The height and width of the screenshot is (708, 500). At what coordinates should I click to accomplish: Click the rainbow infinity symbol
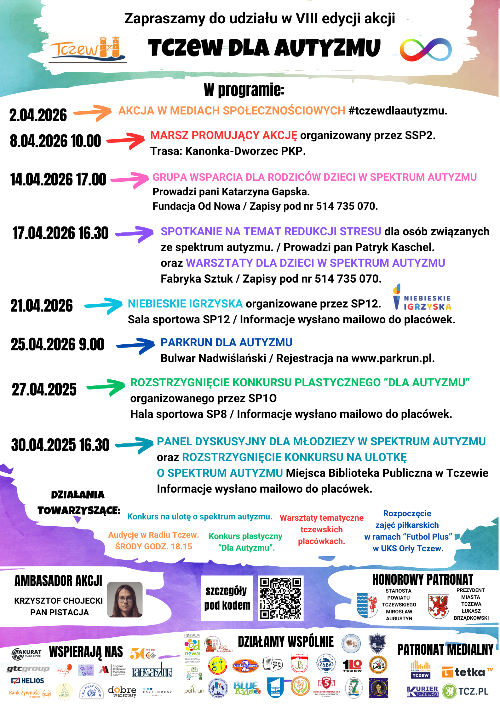click(x=425, y=50)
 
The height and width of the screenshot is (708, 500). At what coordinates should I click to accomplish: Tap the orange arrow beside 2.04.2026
click(x=93, y=113)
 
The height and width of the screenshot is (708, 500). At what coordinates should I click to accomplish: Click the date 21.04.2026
click(x=42, y=306)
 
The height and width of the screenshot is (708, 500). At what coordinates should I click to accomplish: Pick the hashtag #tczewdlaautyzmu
click(x=398, y=111)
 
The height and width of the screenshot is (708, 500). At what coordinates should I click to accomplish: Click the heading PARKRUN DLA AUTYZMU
click(x=226, y=342)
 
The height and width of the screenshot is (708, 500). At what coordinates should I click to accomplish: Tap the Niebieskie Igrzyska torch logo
click(x=422, y=298)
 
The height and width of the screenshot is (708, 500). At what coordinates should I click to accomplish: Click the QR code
click(x=280, y=598)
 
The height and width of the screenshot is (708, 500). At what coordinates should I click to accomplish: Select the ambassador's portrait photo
click(x=125, y=599)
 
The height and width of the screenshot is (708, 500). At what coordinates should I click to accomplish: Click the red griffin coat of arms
click(x=438, y=606)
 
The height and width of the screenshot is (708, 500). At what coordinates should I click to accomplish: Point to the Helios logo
click(x=28, y=681)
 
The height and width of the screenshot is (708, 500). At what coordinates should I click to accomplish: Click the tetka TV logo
click(x=467, y=672)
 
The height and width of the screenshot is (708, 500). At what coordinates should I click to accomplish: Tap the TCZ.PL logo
click(x=466, y=692)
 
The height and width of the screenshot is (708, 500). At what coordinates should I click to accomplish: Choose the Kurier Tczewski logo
click(x=422, y=692)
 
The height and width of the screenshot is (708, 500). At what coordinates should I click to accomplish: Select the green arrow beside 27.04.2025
click(x=106, y=387)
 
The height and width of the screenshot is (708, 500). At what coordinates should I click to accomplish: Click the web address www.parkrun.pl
click(x=392, y=358)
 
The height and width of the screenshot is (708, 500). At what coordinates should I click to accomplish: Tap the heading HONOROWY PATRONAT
click(x=422, y=579)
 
